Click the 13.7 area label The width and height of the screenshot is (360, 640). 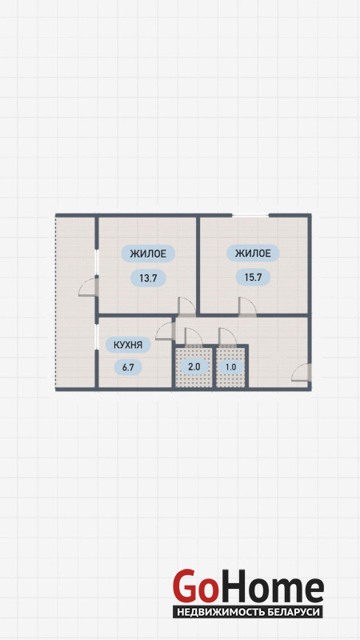tap(148, 278)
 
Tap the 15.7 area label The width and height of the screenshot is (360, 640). tap(253, 278)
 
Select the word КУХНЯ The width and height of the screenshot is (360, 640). tap(128, 346)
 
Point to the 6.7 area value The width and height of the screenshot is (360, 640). tap(128, 367)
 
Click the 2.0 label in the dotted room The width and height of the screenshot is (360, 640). tap(194, 366)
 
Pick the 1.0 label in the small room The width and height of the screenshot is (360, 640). tap(230, 366)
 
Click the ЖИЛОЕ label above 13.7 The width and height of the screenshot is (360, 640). tap(148, 254)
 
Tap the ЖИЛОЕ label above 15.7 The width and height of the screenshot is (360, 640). tap(253, 254)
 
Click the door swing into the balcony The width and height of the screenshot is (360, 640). tap(87, 287)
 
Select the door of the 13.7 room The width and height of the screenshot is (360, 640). tap(187, 306)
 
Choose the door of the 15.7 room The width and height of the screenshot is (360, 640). tap(247, 306)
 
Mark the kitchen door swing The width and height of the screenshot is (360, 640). tap(166, 330)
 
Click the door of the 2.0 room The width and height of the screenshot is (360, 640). tap(194, 337)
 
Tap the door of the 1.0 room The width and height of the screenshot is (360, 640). tap(228, 337)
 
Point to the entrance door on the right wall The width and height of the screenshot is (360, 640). tap(302, 372)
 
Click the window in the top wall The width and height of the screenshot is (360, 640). tap(250, 214)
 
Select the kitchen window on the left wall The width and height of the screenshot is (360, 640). tap(96, 337)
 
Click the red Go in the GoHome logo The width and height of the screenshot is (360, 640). tap(195, 586)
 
